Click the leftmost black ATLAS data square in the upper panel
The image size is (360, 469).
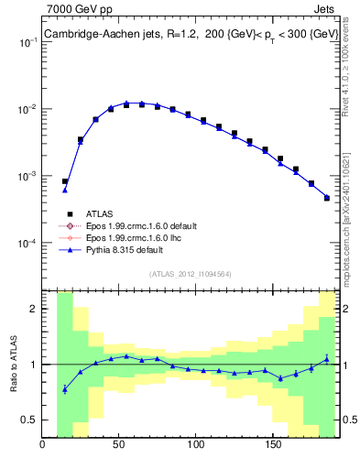65,181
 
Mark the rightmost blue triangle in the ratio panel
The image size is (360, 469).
327,358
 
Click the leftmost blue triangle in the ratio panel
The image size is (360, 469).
65,389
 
